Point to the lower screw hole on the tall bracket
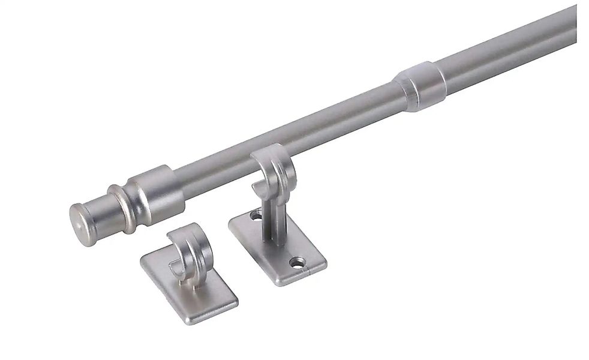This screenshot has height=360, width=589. [296, 261]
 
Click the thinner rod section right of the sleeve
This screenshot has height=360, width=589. [510, 42]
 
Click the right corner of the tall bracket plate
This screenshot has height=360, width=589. [325, 259]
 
